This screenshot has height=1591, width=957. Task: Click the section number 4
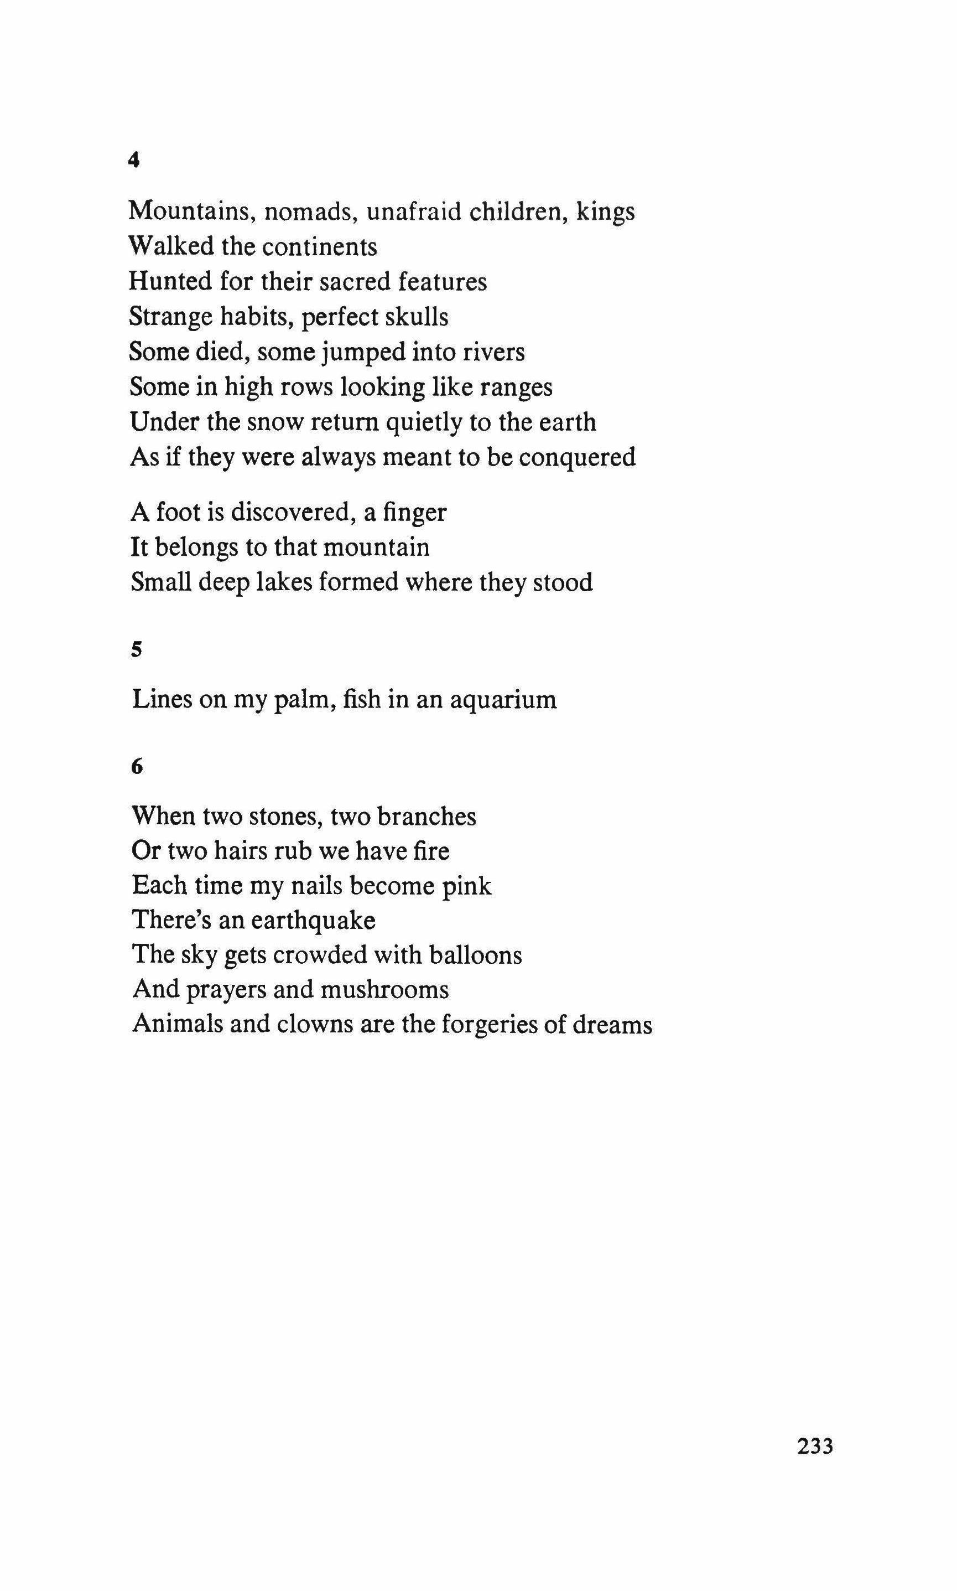point(134,161)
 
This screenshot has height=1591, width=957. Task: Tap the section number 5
point(136,650)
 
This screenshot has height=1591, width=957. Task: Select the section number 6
point(136,767)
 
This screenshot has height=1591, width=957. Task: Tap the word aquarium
point(503,699)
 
